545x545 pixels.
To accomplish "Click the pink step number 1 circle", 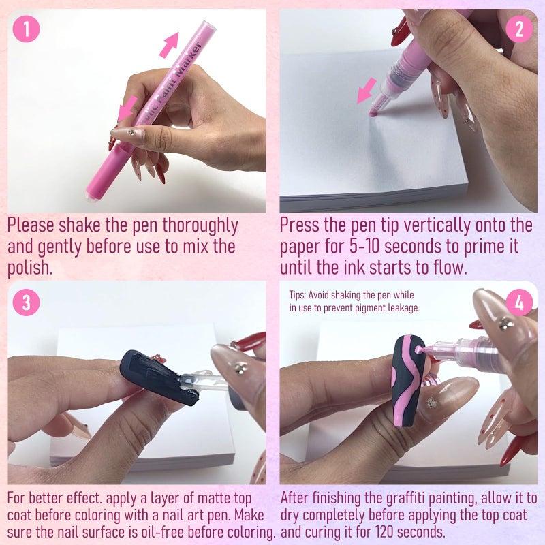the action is (26, 29).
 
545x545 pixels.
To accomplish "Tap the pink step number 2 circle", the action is (519, 29).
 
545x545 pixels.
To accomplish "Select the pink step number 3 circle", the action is (26, 302).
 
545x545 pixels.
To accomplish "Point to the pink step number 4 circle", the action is (519, 302).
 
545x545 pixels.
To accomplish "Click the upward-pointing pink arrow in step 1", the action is (170, 44).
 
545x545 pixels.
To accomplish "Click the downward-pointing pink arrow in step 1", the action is (127, 108).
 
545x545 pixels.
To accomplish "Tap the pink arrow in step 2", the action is (367, 91).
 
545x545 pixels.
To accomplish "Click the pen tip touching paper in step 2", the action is (373, 112).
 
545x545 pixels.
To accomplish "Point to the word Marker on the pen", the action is (188, 60).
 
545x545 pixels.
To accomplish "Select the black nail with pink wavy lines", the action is (408, 381).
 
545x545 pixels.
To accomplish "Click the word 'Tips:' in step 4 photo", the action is (298, 296).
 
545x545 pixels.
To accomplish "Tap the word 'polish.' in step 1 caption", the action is (30, 268).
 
